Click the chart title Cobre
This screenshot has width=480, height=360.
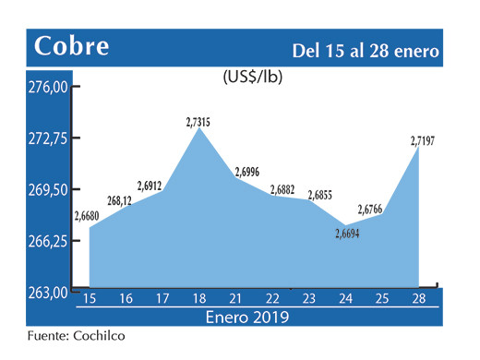coord(71,45)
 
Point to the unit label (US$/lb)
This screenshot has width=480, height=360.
coord(252,78)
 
